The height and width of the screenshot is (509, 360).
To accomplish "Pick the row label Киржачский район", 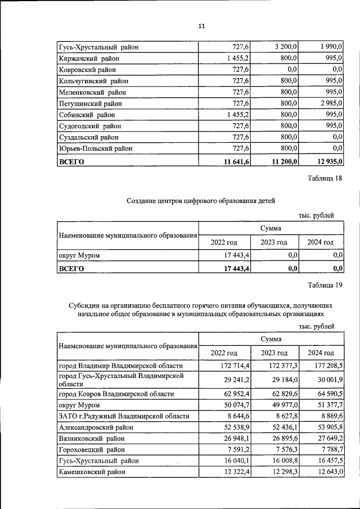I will (x=88, y=58).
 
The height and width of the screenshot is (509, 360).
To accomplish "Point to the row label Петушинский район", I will (x=90, y=104).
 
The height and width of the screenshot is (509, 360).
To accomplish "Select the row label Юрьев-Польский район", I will (x=96, y=148).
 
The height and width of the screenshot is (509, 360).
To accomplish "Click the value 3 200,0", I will (x=286, y=47).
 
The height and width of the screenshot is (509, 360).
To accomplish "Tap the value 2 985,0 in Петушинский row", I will (x=329, y=104).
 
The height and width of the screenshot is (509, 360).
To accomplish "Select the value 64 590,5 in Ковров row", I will (x=328, y=394).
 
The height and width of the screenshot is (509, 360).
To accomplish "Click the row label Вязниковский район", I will (x=92, y=438).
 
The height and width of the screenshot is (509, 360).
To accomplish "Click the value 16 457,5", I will (x=328, y=460).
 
